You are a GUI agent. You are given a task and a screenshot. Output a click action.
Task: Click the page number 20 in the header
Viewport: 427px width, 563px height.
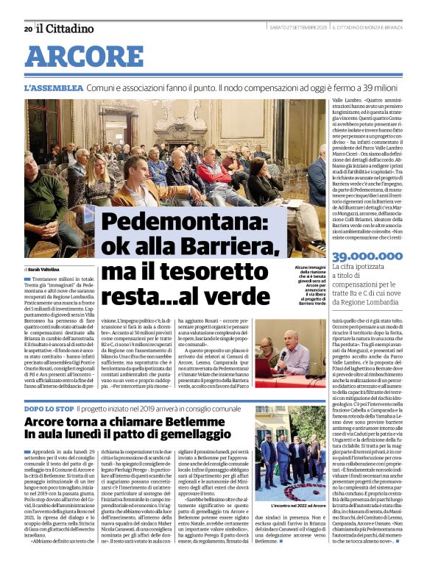pyautogui.click(x=27, y=29)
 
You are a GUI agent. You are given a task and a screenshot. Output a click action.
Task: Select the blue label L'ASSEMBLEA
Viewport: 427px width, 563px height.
pyautogui.click(x=52, y=87)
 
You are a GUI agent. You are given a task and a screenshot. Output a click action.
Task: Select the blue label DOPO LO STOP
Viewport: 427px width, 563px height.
pyautogui.click(x=49, y=407)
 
